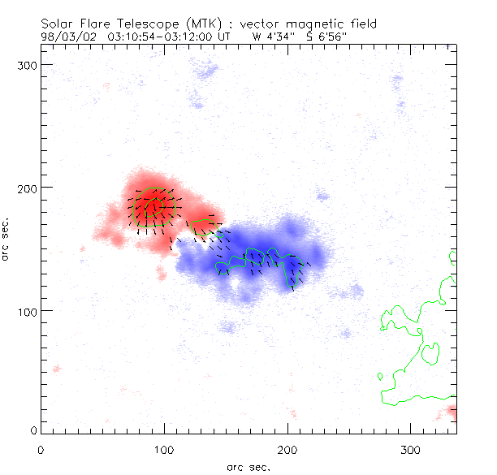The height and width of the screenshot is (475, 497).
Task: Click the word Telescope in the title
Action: pos(149,23)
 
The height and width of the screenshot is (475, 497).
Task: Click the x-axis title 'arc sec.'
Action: pos(248,467)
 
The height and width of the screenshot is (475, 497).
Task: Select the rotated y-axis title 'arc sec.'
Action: pos(6,238)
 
